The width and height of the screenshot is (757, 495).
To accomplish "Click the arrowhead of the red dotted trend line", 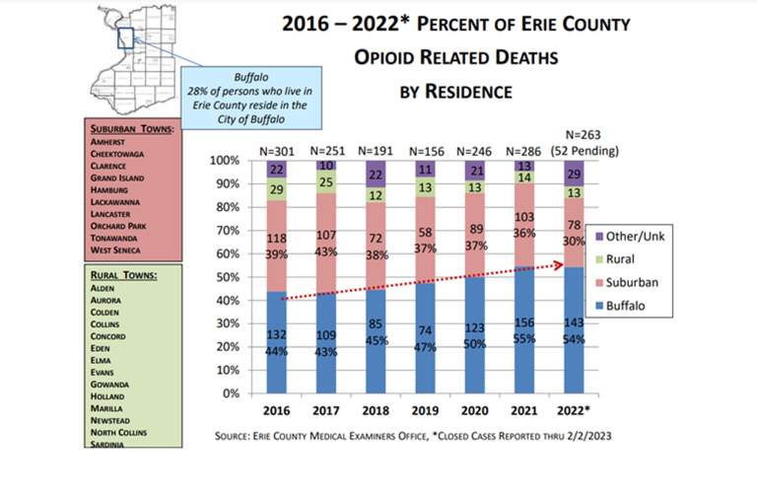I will point(560,263).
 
